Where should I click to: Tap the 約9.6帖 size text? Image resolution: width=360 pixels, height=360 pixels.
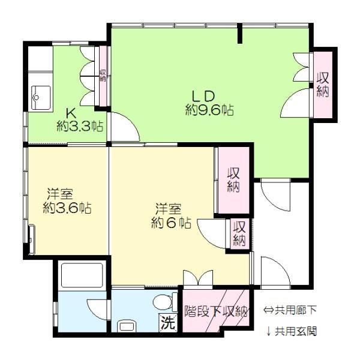pos(209,110)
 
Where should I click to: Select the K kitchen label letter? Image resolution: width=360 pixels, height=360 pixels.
pos(70,113)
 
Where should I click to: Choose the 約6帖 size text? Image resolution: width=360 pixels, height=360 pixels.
pos(170,223)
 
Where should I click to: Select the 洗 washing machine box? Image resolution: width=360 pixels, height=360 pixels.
pos(169,322)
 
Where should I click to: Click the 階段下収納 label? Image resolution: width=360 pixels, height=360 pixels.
pos(215,311)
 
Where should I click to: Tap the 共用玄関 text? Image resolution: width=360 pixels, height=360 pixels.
pos(295,331)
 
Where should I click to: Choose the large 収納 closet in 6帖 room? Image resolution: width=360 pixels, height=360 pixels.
pos(233,179)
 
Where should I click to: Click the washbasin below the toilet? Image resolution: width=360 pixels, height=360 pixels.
pos(127,326)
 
